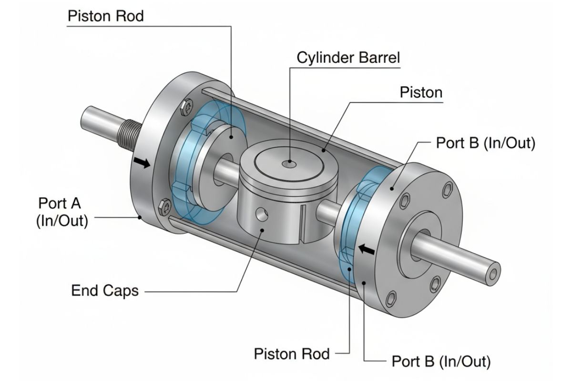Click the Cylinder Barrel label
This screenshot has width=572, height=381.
[348, 58]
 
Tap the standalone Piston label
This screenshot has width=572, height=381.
[421, 92]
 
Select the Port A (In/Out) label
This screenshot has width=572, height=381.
[61, 212]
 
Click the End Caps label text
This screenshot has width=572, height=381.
[105, 291]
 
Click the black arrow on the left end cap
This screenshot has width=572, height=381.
[142, 163]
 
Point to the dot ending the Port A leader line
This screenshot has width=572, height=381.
[139, 218]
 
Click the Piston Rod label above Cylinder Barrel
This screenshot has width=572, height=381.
[105, 16]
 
